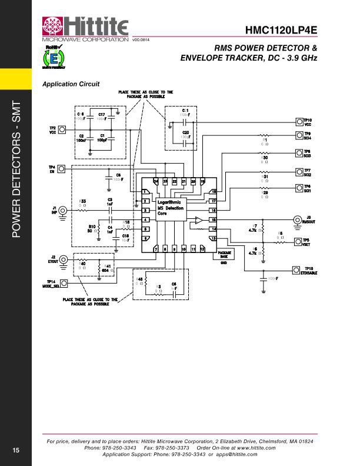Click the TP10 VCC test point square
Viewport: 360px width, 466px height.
tap(298, 122)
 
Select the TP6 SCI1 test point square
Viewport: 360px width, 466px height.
tap(298, 188)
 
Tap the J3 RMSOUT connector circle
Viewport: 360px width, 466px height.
tap(298, 219)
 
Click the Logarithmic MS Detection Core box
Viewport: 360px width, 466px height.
tap(171, 208)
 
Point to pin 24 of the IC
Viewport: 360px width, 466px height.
tap(156, 182)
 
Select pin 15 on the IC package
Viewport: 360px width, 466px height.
tap(214, 219)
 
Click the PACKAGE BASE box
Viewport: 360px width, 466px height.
tap(224, 255)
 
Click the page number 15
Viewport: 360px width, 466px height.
tap(16, 450)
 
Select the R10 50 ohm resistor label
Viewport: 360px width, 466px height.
tap(92, 229)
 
